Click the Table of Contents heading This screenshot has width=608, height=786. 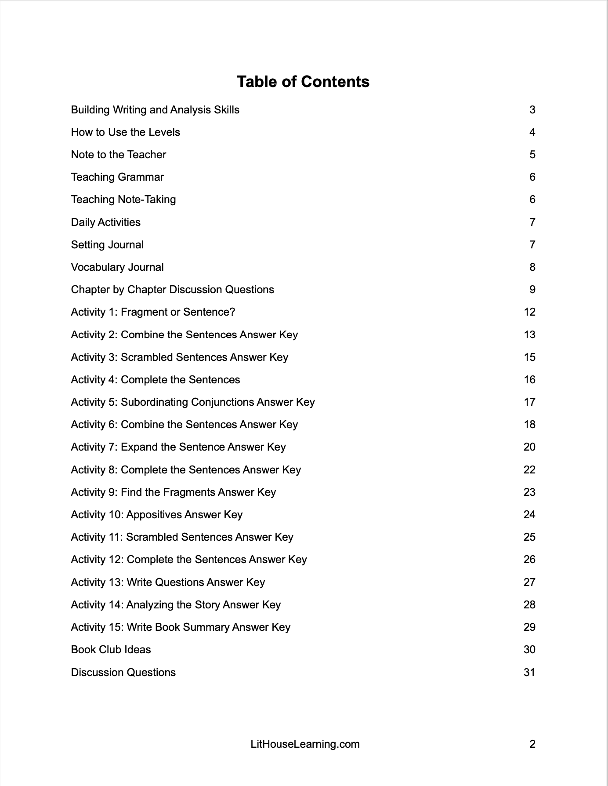(303, 82)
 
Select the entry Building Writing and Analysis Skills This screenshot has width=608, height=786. (155, 110)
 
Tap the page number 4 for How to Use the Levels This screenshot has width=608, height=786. (532, 132)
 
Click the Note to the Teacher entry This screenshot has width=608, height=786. (119, 155)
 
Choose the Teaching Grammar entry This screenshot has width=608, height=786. (117, 177)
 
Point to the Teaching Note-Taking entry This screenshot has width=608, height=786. (123, 200)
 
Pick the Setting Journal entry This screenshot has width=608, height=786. (107, 245)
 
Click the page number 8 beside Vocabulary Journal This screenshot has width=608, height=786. (532, 267)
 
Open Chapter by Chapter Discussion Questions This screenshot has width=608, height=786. (172, 290)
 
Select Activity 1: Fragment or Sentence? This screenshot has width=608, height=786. (153, 312)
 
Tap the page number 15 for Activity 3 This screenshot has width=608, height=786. (529, 357)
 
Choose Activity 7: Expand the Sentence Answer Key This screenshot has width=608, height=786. (178, 447)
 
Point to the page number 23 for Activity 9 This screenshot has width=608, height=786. (529, 492)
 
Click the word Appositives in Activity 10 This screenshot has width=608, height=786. (154, 515)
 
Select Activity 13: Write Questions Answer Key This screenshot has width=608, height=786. (168, 582)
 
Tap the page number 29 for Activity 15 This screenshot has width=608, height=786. (529, 627)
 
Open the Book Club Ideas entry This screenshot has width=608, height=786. (111, 650)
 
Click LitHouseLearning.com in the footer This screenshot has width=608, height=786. (305, 744)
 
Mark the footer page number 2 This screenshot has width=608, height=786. (532, 744)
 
